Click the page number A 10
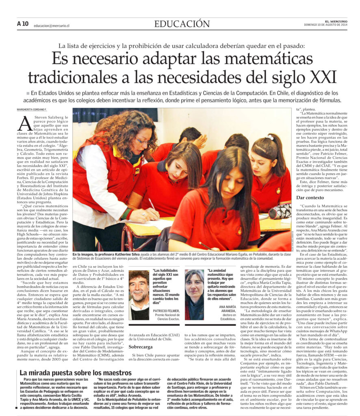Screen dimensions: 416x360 (23, 24)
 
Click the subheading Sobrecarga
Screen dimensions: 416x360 (140, 347)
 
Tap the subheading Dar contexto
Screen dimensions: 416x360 (312, 197)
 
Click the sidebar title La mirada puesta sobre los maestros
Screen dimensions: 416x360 (75, 373)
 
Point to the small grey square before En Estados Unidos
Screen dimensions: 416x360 (28, 93)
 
